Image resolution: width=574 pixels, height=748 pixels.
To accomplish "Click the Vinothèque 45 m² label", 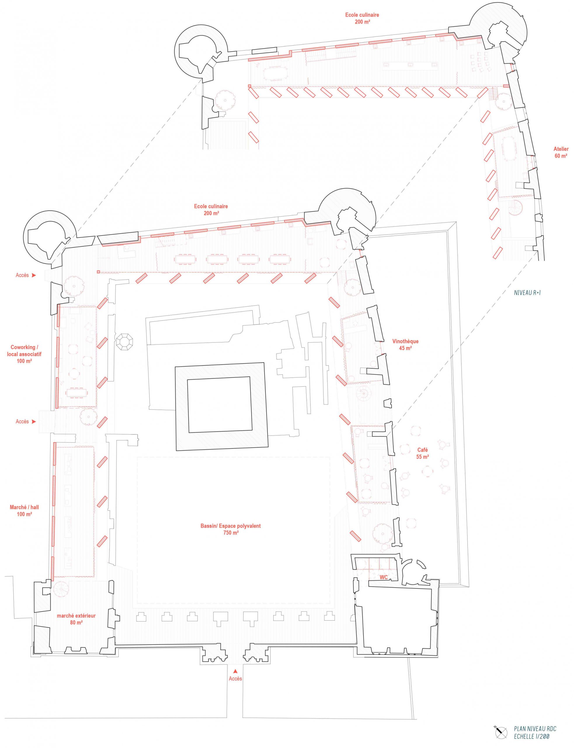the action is (x=405, y=344).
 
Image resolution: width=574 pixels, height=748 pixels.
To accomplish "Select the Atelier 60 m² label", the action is (x=561, y=152).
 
